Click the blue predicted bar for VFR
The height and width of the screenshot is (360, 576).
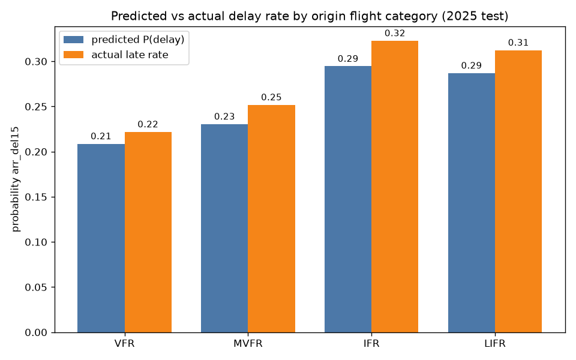pos(101,238)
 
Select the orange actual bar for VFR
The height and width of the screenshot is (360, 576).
pos(148,232)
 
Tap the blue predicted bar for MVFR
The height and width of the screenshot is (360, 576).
pos(224,228)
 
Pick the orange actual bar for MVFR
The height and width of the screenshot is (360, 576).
pos(271,218)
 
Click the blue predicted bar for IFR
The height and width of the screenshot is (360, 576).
pos(348,199)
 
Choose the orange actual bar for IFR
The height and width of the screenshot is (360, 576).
pos(395,187)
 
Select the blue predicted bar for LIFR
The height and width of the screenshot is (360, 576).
pos(472,203)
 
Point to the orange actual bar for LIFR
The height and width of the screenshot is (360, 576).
pos(518,191)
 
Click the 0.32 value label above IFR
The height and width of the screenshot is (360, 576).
pos(395,34)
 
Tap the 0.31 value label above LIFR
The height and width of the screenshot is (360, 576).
pos(518,43)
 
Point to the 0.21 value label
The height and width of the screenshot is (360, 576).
pos(101,136)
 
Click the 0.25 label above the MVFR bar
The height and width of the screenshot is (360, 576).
pos(271,97)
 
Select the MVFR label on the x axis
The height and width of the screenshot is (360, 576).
pos(248,344)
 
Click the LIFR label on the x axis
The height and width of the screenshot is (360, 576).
pos(495,344)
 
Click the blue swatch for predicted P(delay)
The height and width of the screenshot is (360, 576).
pos(73,40)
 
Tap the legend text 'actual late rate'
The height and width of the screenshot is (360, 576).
pos(130,55)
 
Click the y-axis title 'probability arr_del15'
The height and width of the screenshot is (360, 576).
pos(15,179)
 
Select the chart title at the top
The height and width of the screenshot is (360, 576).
pos(310,16)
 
